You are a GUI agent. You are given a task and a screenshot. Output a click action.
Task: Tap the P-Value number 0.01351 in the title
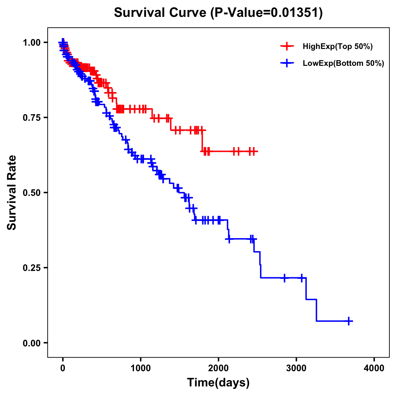click(x=295, y=13)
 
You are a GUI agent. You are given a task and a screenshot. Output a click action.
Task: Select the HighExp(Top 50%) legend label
click(x=338, y=47)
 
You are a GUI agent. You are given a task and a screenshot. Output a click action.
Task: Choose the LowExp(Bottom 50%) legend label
click(x=343, y=63)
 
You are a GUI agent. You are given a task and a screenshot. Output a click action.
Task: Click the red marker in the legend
click(x=287, y=46)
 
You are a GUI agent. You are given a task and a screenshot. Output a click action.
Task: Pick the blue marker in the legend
click(x=287, y=63)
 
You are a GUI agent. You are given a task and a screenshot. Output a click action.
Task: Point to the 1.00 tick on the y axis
click(x=31, y=42)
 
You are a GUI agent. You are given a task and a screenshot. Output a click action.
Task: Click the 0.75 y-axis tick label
click(x=31, y=117)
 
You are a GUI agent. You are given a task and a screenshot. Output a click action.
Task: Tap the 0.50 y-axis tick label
click(x=31, y=193)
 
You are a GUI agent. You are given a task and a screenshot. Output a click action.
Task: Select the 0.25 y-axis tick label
click(x=31, y=268)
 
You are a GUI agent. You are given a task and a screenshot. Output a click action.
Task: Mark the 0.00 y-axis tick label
click(x=31, y=343)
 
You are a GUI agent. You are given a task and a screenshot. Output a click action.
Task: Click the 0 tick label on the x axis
click(x=63, y=368)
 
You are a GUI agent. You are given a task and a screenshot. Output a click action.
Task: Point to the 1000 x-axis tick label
click(x=140, y=368)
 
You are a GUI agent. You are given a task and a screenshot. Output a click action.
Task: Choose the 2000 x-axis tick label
click(x=218, y=368)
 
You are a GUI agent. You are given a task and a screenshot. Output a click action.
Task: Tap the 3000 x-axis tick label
click(x=296, y=368)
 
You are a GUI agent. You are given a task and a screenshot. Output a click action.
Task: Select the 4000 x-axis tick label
click(x=374, y=368)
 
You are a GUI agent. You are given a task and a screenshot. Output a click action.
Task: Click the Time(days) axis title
click(x=218, y=383)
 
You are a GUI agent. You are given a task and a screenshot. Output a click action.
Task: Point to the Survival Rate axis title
click(x=12, y=192)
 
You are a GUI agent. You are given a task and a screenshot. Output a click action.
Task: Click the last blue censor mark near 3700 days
click(x=349, y=321)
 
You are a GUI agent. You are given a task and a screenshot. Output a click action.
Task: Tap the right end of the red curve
click(x=257, y=152)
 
